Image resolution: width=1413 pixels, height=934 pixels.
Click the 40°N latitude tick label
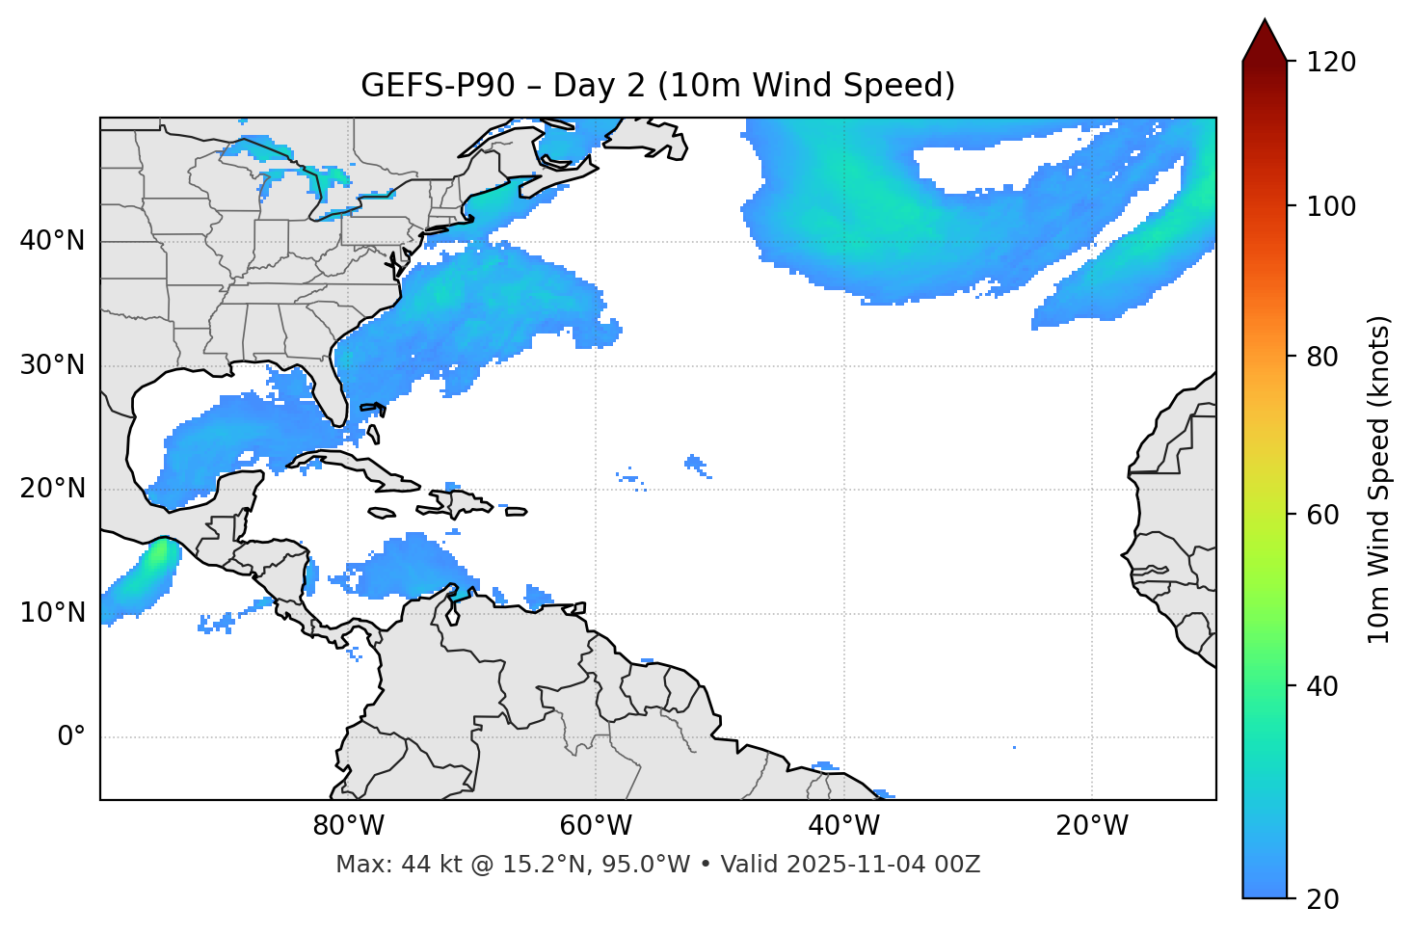[52, 241]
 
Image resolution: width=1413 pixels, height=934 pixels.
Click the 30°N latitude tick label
[52, 365]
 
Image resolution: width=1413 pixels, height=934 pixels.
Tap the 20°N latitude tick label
[52, 489]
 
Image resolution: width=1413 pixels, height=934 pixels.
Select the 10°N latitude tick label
[52, 613]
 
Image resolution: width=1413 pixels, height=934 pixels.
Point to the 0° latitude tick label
[71, 737]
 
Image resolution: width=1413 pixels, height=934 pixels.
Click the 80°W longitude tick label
[348, 826]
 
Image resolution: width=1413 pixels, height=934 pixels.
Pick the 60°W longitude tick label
[596, 826]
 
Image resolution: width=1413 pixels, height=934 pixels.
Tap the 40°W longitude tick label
[844, 826]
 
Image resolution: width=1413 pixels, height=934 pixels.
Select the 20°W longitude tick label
[1092, 826]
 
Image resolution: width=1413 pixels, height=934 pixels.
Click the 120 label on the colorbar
[1330, 63]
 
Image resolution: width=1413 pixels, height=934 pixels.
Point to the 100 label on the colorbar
[1330, 206]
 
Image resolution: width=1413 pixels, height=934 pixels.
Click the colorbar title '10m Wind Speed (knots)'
[1380, 479]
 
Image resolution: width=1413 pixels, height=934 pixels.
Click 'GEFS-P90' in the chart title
[424, 86]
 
